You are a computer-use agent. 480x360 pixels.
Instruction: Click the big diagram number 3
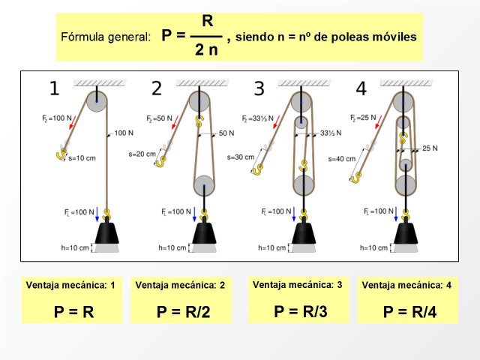tap(259, 88)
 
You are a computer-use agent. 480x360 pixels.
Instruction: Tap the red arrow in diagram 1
tap(72, 121)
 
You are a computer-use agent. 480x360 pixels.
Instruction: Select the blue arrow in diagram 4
tap(396, 214)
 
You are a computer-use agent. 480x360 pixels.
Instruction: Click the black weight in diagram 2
tap(204, 233)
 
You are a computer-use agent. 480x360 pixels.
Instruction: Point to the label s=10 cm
tap(82, 158)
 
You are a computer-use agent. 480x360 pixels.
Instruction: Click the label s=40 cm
tap(342, 159)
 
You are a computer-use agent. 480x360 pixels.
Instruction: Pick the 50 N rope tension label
tap(226, 133)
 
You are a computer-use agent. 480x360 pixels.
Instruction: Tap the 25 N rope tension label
tap(430, 148)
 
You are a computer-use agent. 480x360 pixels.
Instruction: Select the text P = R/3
tap(301, 311)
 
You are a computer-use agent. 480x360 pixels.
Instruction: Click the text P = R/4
tap(409, 312)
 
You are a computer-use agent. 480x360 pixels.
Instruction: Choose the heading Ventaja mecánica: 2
tap(180, 285)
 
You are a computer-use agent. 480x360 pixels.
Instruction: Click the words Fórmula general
tap(106, 37)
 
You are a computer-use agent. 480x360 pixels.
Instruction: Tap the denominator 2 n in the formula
tap(206, 49)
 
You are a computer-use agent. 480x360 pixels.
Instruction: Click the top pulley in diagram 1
tap(97, 102)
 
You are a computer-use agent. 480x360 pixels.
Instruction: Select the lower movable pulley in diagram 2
tap(204, 186)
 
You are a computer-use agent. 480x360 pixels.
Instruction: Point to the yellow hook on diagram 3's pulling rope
tap(256, 169)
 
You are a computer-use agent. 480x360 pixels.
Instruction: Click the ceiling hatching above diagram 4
tap(406, 82)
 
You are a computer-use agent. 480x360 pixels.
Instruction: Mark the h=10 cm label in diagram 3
tap(271, 247)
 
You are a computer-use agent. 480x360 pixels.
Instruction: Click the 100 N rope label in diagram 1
tap(124, 133)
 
